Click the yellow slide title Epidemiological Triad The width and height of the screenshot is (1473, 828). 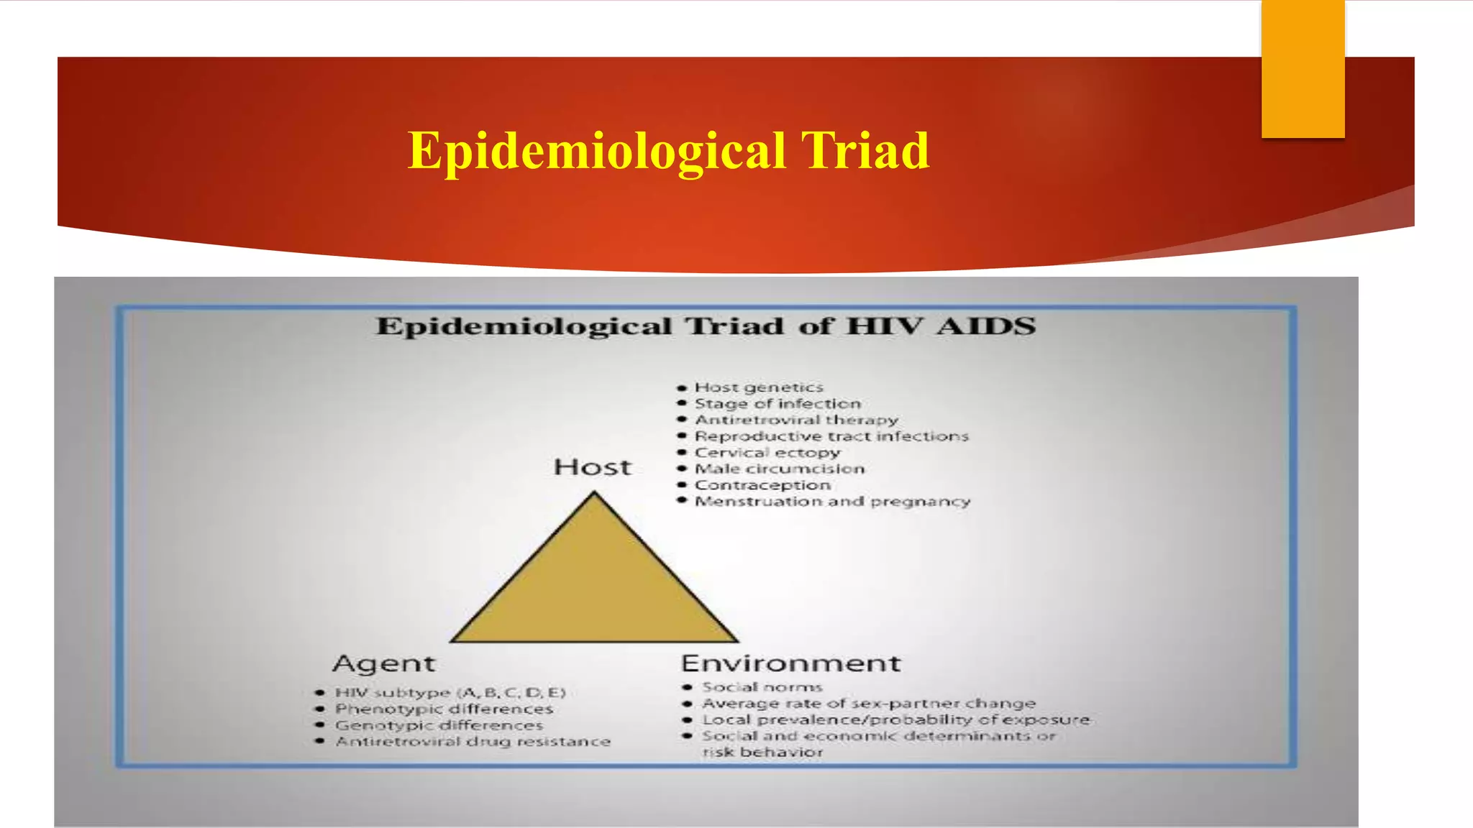[x=668, y=151]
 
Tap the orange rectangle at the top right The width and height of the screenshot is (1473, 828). [x=1303, y=69]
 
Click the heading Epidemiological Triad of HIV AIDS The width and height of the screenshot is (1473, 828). [x=705, y=326]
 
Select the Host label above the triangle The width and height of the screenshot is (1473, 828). [x=593, y=467]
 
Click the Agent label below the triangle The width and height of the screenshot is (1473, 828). [x=384, y=663]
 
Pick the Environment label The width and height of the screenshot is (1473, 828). [x=790, y=663]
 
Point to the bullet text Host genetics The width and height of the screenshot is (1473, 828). [x=758, y=388]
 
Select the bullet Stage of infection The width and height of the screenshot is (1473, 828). [x=777, y=404]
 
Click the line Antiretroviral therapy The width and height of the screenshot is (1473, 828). [x=795, y=420]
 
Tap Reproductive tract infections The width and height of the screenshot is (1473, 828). [x=831, y=436]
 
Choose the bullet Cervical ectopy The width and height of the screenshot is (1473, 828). [x=767, y=453]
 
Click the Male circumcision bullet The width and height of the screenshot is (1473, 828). [x=779, y=469]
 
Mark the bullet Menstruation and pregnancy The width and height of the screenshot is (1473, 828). [x=832, y=501]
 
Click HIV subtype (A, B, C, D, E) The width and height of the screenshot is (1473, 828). [x=450, y=693]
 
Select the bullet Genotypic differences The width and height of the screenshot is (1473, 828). [x=439, y=725]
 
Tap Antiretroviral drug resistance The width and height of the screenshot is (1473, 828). [x=473, y=741]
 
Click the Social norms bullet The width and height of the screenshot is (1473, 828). [x=762, y=687]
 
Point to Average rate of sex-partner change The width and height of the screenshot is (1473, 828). [x=868, y=704]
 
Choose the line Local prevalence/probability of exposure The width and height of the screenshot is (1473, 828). [x=895, y=719]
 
